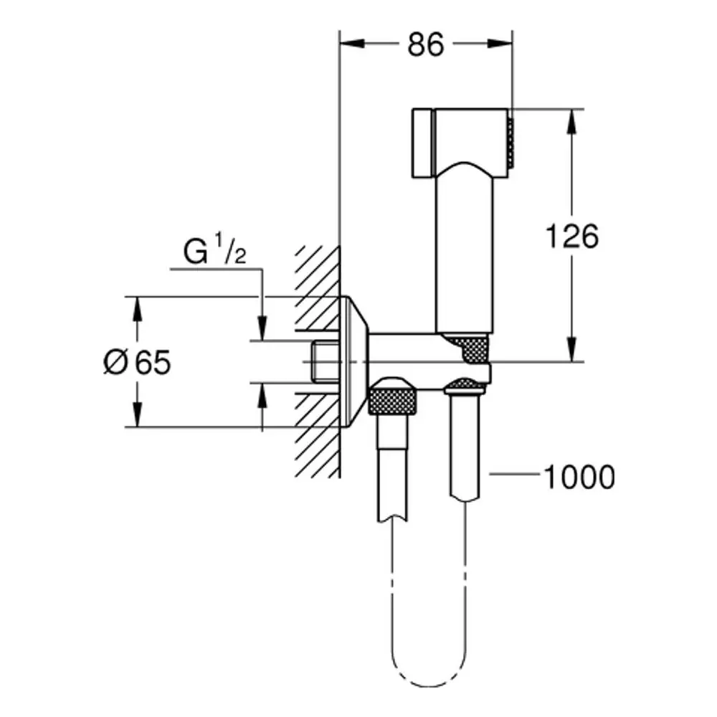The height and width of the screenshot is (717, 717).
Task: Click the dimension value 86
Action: [425, 44]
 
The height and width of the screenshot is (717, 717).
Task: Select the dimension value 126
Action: [572, 236]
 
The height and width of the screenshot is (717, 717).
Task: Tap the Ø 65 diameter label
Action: [137, 362]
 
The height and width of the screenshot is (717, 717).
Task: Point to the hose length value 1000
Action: [579, 477]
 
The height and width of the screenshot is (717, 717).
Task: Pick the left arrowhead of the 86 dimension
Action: [352, 44]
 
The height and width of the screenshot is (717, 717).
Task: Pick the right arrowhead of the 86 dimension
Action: [500, 44]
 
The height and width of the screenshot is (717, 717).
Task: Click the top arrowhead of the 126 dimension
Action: [571, 122]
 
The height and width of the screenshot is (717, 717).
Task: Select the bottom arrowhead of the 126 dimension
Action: [571, 349]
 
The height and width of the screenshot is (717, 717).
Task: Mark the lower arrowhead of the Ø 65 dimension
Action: [137, 414]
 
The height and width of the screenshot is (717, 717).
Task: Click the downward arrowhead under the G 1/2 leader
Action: [262, 328]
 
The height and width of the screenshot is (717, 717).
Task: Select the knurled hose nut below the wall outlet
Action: [392, 397]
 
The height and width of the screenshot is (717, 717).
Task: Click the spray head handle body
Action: [464, 247]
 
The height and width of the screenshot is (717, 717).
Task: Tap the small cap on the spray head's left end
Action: [422, 143]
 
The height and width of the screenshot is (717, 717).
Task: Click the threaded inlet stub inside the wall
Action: [326, 361]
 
